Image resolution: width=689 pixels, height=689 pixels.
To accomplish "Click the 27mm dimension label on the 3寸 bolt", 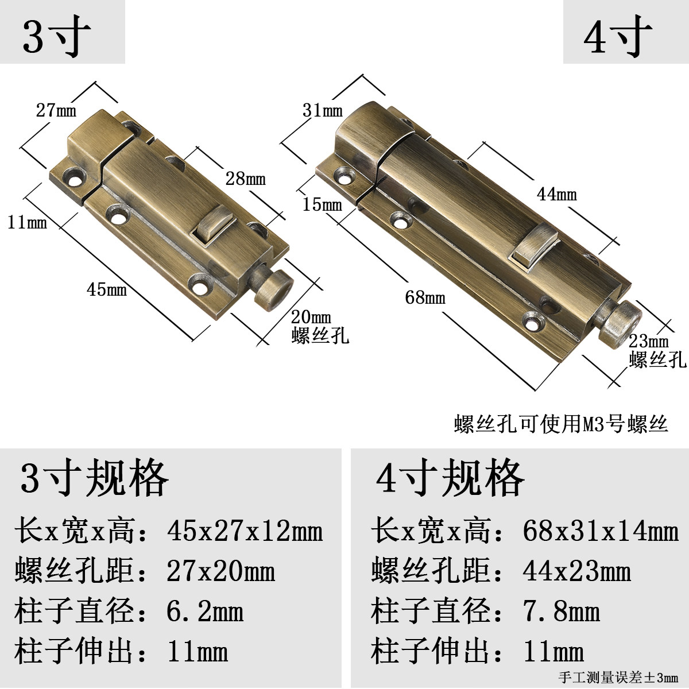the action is tap(56, 110).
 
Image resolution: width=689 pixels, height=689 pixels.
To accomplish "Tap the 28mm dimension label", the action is tap(246, 178).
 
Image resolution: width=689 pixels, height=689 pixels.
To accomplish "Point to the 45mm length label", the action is tap(107, 289).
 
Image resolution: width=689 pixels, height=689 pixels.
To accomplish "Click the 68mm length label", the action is tap(425, 297).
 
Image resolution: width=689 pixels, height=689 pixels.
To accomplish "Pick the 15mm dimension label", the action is tap(323, 204).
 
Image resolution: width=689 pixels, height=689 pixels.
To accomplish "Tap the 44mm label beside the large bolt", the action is tap(557, 194).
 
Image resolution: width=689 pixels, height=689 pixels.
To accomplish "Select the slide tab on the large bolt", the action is tap(535, 243).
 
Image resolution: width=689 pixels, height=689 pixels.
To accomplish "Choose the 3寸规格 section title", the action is tap(94, 478).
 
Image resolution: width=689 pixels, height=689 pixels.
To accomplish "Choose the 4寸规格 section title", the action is tap(450, 478).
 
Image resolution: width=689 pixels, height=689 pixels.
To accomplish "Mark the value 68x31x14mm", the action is tap(601, 531).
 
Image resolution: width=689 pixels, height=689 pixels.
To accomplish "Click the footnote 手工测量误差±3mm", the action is tap(618, 678).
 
